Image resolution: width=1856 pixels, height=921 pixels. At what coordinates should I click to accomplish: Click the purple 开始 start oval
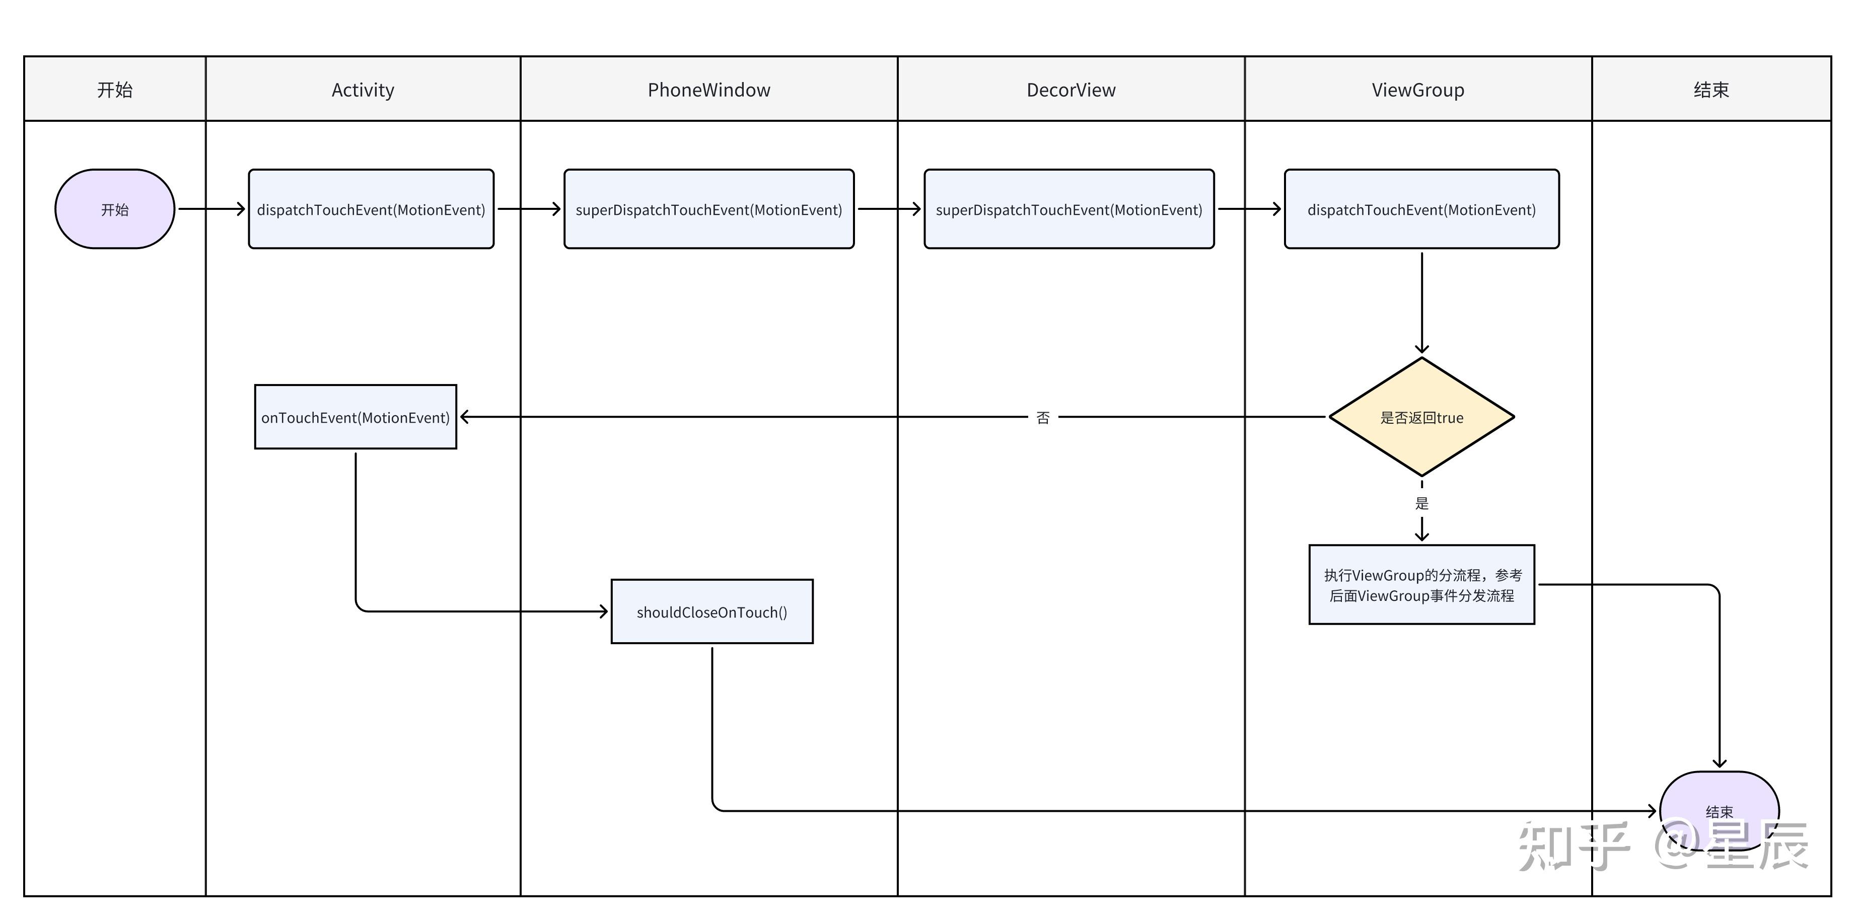coord(115,209)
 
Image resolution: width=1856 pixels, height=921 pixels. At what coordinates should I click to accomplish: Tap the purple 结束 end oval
coord(1719,811)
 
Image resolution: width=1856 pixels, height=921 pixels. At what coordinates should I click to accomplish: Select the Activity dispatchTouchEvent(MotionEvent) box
coord(371,209)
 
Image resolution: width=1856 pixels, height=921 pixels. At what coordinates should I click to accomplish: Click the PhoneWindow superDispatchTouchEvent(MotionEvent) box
coord(709,209)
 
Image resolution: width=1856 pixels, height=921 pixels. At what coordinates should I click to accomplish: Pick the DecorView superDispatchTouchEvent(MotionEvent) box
coord(1069,209)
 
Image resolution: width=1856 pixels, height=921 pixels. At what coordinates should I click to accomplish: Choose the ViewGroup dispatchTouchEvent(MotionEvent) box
coord(1421,209)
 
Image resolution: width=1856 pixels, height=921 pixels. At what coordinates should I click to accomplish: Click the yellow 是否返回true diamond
coord(1421,417)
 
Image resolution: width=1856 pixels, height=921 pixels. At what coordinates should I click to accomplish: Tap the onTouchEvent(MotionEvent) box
coord(355,417)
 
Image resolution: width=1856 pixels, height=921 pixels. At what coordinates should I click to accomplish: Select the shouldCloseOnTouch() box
coord(712,611)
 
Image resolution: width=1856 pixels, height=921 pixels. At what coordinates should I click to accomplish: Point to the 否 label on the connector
coord(1043,418)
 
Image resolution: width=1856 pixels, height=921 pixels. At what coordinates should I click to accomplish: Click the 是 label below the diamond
coord(1421,503)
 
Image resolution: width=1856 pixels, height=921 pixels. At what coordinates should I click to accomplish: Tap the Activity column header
coord(363,89)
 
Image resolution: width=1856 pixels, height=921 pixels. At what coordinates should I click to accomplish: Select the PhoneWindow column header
coord(709,89)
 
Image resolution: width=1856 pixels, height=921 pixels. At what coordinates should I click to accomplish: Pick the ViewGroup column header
coord(1418,89)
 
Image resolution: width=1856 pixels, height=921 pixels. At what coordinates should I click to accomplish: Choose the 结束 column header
coord(1711,89)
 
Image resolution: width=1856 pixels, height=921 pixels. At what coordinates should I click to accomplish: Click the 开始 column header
coord(115,89)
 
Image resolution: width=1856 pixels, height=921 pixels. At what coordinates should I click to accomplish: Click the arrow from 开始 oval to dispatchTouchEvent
coord(212,209)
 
